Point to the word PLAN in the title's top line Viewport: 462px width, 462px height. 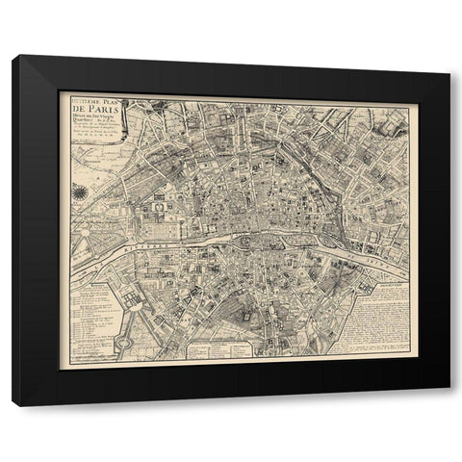[x=114, y=108]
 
